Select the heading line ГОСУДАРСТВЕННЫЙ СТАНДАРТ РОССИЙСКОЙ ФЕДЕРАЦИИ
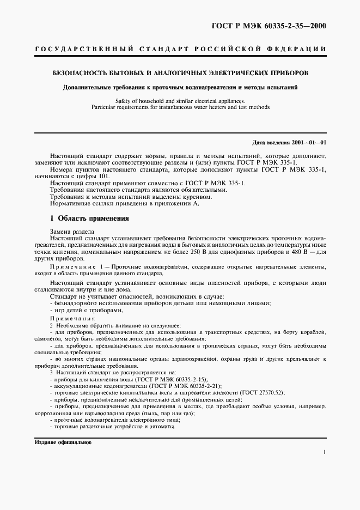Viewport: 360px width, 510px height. click(x=180, y=49)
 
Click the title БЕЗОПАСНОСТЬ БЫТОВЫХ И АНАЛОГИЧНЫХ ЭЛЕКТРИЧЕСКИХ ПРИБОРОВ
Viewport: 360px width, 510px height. click(x=180, y=72)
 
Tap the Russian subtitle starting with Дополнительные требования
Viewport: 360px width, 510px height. click(x=180, y=87)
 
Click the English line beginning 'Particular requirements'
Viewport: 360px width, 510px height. click(x=180, y=107)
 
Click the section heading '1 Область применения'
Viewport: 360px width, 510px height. click(x=89, y=218)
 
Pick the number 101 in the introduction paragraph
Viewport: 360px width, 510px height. click(x=102, y=177)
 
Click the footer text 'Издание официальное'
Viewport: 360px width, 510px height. click(x=63, y=442)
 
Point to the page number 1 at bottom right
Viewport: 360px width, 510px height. click(x=324, y=452)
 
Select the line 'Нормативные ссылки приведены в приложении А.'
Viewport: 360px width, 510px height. click(x=125, y=204)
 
